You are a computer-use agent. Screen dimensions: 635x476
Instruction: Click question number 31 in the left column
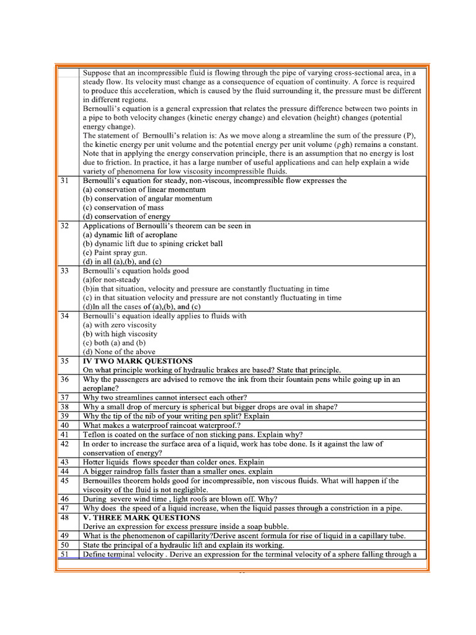[x=64, y=180]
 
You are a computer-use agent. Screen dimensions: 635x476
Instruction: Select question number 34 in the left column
[x=64, y=316]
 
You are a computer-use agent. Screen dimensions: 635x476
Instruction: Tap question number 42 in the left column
[x=64, y=444]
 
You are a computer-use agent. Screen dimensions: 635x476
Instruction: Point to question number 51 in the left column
[x=64, y=554]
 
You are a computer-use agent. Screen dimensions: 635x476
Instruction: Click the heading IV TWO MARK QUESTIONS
[x=138, y=360]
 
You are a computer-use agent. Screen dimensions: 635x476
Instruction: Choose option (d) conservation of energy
[x=126, y=216]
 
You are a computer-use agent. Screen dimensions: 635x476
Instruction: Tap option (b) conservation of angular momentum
[x=147, y=198]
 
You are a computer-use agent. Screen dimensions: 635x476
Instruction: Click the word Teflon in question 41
[x=94, y=435]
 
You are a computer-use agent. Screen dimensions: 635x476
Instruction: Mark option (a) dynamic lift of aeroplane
[x=130, y=234]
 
